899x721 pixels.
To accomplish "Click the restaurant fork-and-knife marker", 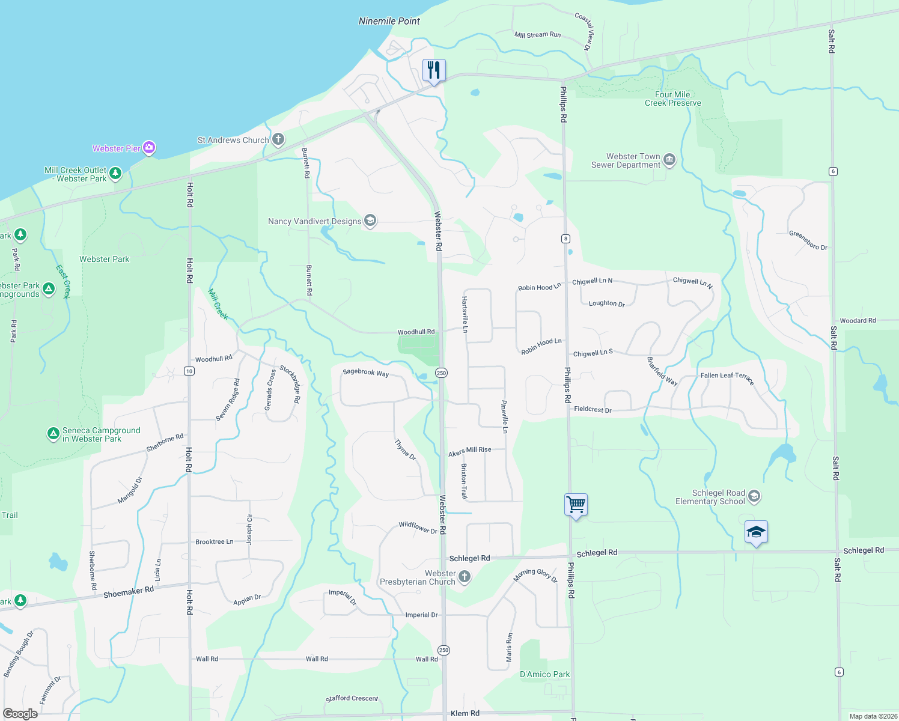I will (434, 70).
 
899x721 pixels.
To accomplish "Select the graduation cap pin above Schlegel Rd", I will (756, 532).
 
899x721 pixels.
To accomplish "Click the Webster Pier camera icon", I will (149, 147).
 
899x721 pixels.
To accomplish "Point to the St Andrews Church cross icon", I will (278, 140).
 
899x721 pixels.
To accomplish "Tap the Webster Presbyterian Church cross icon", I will (464, 577).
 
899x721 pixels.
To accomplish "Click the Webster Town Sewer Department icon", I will (669, 160).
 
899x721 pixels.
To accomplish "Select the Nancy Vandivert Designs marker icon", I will (370, 221).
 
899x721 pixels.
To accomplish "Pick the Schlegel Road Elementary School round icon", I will (754, 497).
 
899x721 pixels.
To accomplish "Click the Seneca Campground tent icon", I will (53, 433).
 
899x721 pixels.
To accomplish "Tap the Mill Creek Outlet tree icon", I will (115, 174).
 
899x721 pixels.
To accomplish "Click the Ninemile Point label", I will (389, 21).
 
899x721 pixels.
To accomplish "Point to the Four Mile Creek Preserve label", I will (673, 99).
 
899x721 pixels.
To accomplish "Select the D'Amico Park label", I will (544, 674).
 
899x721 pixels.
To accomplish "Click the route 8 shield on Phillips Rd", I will (565, 239).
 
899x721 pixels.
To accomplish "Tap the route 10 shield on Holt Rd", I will (189, 371).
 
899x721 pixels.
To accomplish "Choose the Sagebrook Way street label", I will (365, 373).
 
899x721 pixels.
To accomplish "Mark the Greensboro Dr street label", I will (808, 240).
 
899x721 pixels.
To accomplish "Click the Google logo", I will (20, 713).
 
